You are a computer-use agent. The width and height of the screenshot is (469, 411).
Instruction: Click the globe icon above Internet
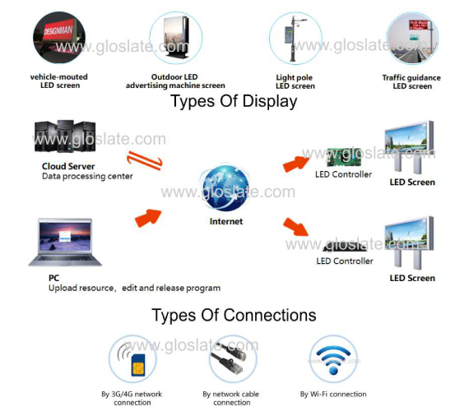[225, 188]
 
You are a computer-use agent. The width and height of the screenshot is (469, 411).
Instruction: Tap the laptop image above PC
[65, 242]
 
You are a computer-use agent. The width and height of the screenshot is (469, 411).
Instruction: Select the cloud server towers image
[65, 136]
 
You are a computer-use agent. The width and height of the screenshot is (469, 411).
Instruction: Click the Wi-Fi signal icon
[333, 359]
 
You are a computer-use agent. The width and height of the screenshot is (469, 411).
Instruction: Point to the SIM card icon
[138, 365]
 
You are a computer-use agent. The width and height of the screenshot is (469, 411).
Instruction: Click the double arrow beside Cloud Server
[145, 160]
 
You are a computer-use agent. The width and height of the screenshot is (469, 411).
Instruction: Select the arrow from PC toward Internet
[148, 218]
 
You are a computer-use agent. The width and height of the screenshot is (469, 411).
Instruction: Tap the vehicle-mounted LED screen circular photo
[59, 38]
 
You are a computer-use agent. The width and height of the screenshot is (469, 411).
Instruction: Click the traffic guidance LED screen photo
[412, 38]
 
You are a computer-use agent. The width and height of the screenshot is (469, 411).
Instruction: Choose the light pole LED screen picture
[295, 39]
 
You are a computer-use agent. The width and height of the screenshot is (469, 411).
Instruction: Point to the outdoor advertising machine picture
[175, 38]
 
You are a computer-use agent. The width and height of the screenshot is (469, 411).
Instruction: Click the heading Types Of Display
[234, 101]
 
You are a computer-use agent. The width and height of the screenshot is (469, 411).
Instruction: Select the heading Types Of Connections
[234, 315]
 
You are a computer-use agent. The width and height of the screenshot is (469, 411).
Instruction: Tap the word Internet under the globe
[226, 221]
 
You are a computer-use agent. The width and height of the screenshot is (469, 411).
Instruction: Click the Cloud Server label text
[68, 166]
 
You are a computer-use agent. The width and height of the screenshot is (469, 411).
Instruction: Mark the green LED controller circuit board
[344, 157]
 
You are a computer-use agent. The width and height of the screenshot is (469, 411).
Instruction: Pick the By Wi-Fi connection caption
[333, 395]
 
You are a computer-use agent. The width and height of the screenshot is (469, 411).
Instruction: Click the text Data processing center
[87, 177]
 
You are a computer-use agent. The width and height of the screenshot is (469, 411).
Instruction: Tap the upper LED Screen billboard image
[410, 147]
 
